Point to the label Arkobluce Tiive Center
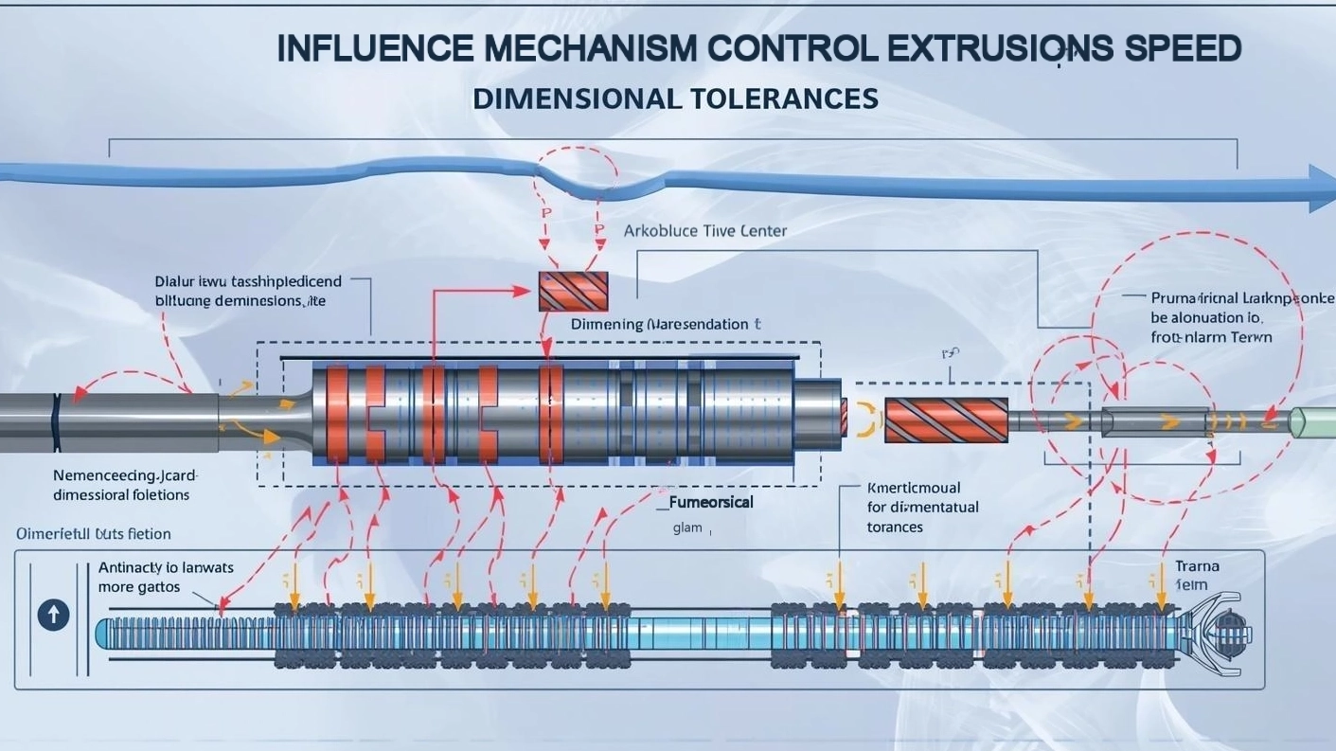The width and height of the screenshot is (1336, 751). pos(704,231)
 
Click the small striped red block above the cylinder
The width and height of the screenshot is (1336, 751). pos(573,291)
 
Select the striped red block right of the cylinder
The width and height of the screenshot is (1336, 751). pos(945,420)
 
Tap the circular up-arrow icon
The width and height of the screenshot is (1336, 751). pos(53,616)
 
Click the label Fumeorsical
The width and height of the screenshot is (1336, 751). pos(711,502)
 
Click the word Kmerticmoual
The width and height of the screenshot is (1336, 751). pos(914,488)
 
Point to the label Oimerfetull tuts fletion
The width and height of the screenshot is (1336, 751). pos(93,534)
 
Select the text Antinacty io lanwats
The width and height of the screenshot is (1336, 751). pos(166,568)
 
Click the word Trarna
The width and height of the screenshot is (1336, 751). pos(1197,566)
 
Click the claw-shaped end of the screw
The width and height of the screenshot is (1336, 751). pos(1221,633)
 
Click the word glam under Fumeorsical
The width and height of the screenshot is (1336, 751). pos(687,527)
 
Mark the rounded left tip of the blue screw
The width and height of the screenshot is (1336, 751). pos(103,634)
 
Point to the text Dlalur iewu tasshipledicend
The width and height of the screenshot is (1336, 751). pos(248,281)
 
